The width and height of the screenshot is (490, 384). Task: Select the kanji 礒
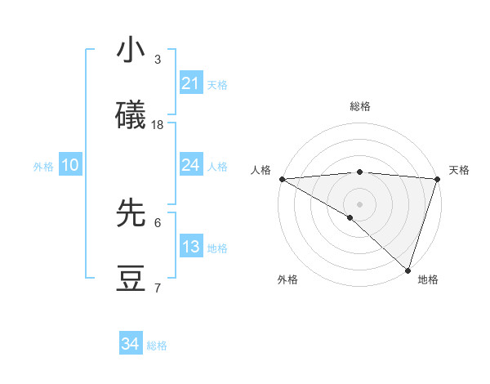(x=131, y=116)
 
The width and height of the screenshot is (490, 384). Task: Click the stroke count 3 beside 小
(x=158, y=60)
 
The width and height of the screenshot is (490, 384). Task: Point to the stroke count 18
(x=158, y=125)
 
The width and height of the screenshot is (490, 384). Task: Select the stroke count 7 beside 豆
(x=158, y=288)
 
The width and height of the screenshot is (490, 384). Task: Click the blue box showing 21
(x=190, y=83)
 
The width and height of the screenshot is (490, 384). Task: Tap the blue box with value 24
(x=190, y=165)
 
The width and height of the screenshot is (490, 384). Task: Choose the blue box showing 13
(x=190, y=247)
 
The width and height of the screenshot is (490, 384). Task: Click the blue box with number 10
(x=70, y=165)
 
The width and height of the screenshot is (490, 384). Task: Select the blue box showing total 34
(x=131, y=344)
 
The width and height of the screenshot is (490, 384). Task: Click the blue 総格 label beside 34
(x=157, y=346)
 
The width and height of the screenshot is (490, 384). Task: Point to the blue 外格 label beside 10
(x=43, y=167)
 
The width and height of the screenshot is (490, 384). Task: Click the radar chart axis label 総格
(x=360, y=106)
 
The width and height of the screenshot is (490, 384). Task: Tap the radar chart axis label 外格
(x=287, y=279)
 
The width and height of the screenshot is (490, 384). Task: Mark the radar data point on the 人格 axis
(x=282, y=179)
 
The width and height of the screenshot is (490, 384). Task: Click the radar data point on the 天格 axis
(x=437, y=179)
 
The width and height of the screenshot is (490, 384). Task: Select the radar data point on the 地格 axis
(x=408, y=270)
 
